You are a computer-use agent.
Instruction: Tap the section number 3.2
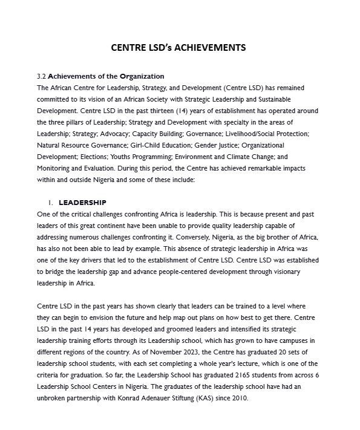pos(42,76)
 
